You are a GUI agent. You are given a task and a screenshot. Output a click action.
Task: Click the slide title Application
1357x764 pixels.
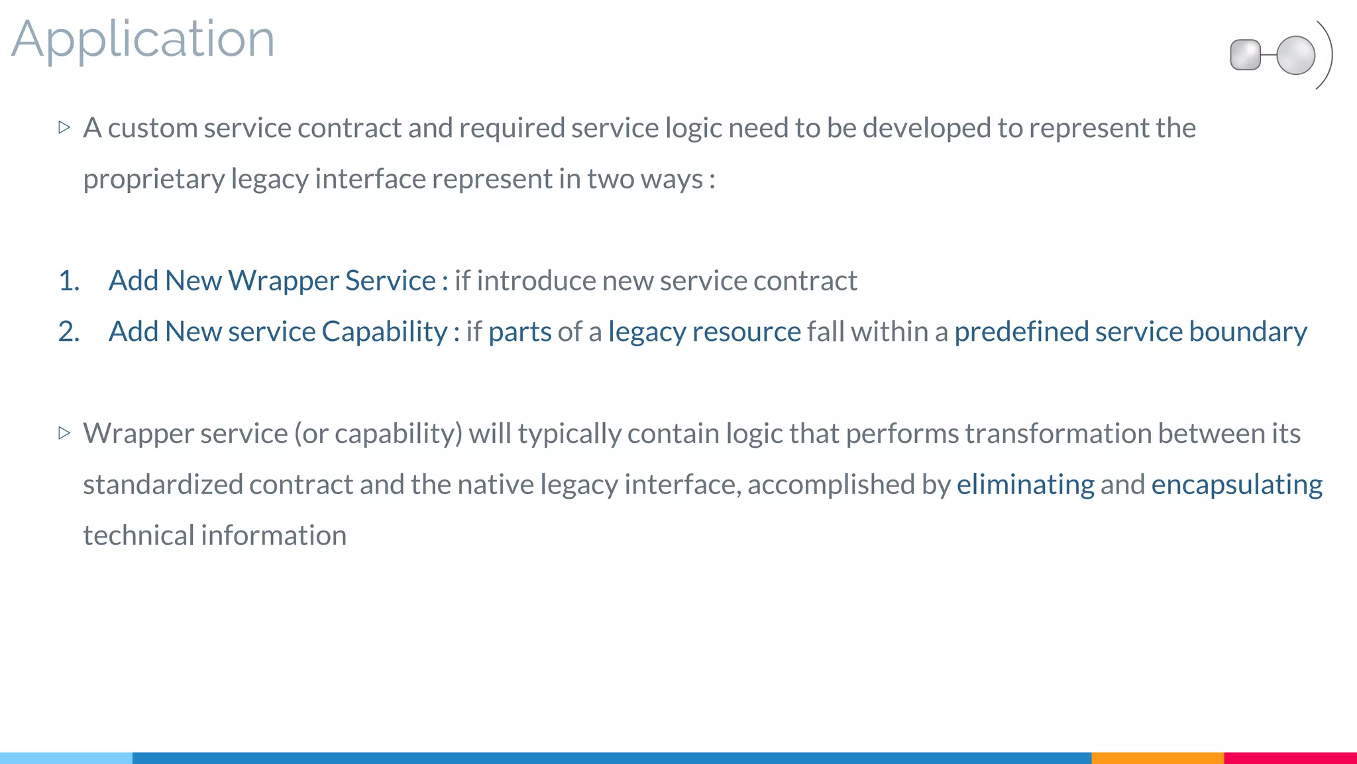pos(142,40)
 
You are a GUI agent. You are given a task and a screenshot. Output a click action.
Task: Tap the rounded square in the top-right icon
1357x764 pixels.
pos(1245,55)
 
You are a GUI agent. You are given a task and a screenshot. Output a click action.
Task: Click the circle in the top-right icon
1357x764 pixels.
pos(1295,55)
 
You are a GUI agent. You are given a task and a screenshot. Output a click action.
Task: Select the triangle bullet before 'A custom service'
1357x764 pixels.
pos(64,127)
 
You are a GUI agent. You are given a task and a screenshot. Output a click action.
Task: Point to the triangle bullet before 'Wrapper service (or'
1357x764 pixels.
pos(64,433)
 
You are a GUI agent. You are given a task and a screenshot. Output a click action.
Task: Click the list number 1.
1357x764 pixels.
pos(69,281)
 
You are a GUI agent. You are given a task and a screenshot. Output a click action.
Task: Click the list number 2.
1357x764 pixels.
pos(69,332)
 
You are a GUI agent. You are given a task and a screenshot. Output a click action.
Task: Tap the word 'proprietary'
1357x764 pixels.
pos(154,179)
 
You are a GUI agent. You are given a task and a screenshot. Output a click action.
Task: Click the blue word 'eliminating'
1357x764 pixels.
pos(1025,485)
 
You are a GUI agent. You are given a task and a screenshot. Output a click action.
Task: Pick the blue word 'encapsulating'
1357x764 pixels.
pos(1236,485)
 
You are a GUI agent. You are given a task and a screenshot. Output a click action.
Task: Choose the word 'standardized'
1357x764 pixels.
pos(163,485)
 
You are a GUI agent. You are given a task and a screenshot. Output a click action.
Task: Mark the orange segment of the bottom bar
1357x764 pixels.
pos(1157,757)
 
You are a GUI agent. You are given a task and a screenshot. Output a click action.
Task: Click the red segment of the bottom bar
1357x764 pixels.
pos(1290,757)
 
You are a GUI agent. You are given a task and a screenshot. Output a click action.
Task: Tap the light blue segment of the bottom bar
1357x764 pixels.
pos(66,757)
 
